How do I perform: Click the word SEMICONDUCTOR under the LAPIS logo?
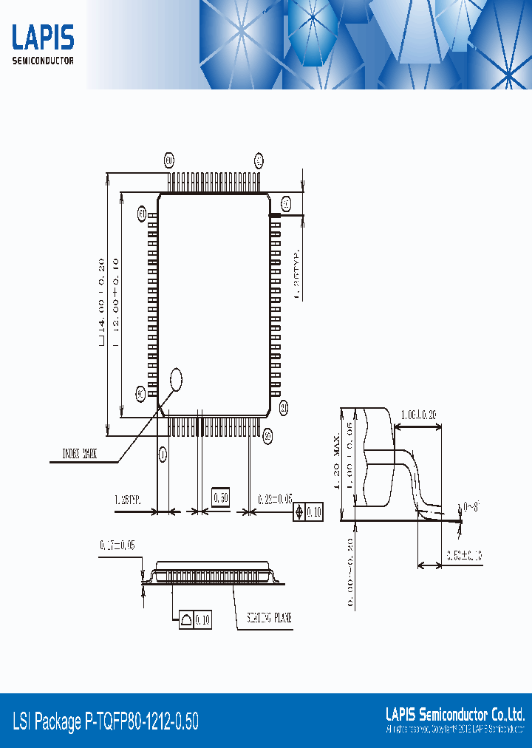pos(43,61)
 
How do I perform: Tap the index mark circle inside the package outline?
pos(176,379)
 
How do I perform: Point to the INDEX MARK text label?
pos(79,454)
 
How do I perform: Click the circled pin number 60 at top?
pos(168,160)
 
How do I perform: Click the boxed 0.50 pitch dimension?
pos(221,497)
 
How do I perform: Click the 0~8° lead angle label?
pos(471,507)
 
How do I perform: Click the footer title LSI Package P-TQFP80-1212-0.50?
pos(106,721)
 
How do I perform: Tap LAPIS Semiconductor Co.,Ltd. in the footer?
pos(455,714)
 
